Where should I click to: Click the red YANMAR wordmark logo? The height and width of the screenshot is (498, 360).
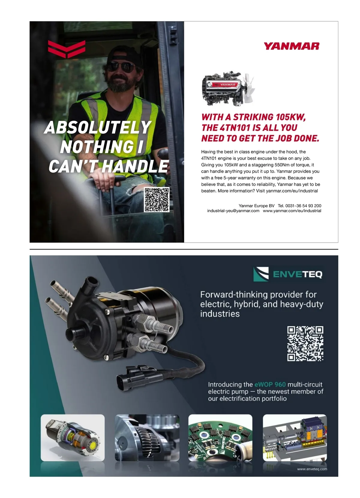pos(291,46)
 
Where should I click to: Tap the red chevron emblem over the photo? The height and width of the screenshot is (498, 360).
pos(67,49)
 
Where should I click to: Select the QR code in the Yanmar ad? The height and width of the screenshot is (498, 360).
pos(157,199)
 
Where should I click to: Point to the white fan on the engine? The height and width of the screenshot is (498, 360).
pos(249,87)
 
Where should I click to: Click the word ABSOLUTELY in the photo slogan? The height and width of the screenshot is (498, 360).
pos(98,127)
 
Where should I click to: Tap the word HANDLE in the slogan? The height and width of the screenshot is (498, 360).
pos(135,166)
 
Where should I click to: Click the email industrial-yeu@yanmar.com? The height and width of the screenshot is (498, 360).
pos(233,211)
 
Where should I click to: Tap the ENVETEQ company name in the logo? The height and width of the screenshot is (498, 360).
pos(298,274)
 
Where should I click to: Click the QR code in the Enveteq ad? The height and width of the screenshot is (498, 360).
pos(305,344)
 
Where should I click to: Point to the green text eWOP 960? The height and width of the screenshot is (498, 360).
pos(270,384)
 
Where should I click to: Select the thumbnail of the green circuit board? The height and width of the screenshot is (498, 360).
pos(220,438)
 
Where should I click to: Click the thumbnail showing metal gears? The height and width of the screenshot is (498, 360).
pos(147,438)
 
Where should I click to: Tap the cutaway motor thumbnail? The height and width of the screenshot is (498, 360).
pos(73,438)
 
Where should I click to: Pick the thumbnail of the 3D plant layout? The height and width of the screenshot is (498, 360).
pos(295,438)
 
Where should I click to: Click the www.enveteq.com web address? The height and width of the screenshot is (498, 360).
pos(312,469)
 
